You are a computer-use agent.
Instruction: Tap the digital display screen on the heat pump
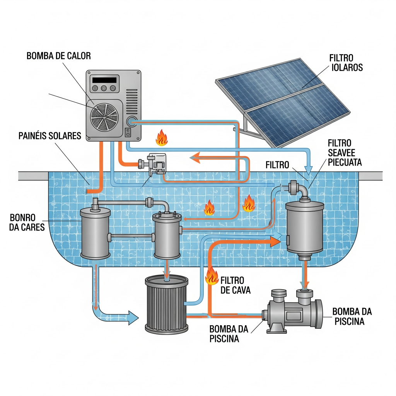pyautogui.click(x=104, y=79)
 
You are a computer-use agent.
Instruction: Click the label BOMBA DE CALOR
pyautogui.click(x=59, y=56)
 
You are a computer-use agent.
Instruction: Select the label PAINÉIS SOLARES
pyautogui.click(x=49, y=136)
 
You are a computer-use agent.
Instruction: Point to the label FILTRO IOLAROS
pyautogui.click(x=346, y=63)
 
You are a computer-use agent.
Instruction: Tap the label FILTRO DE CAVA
pyautogui.click(x=235, y=285)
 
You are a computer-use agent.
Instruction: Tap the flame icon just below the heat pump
pyautogui.click(x=161, y=138)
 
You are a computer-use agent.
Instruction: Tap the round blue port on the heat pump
pyautogui.click(x=132, y=122)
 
